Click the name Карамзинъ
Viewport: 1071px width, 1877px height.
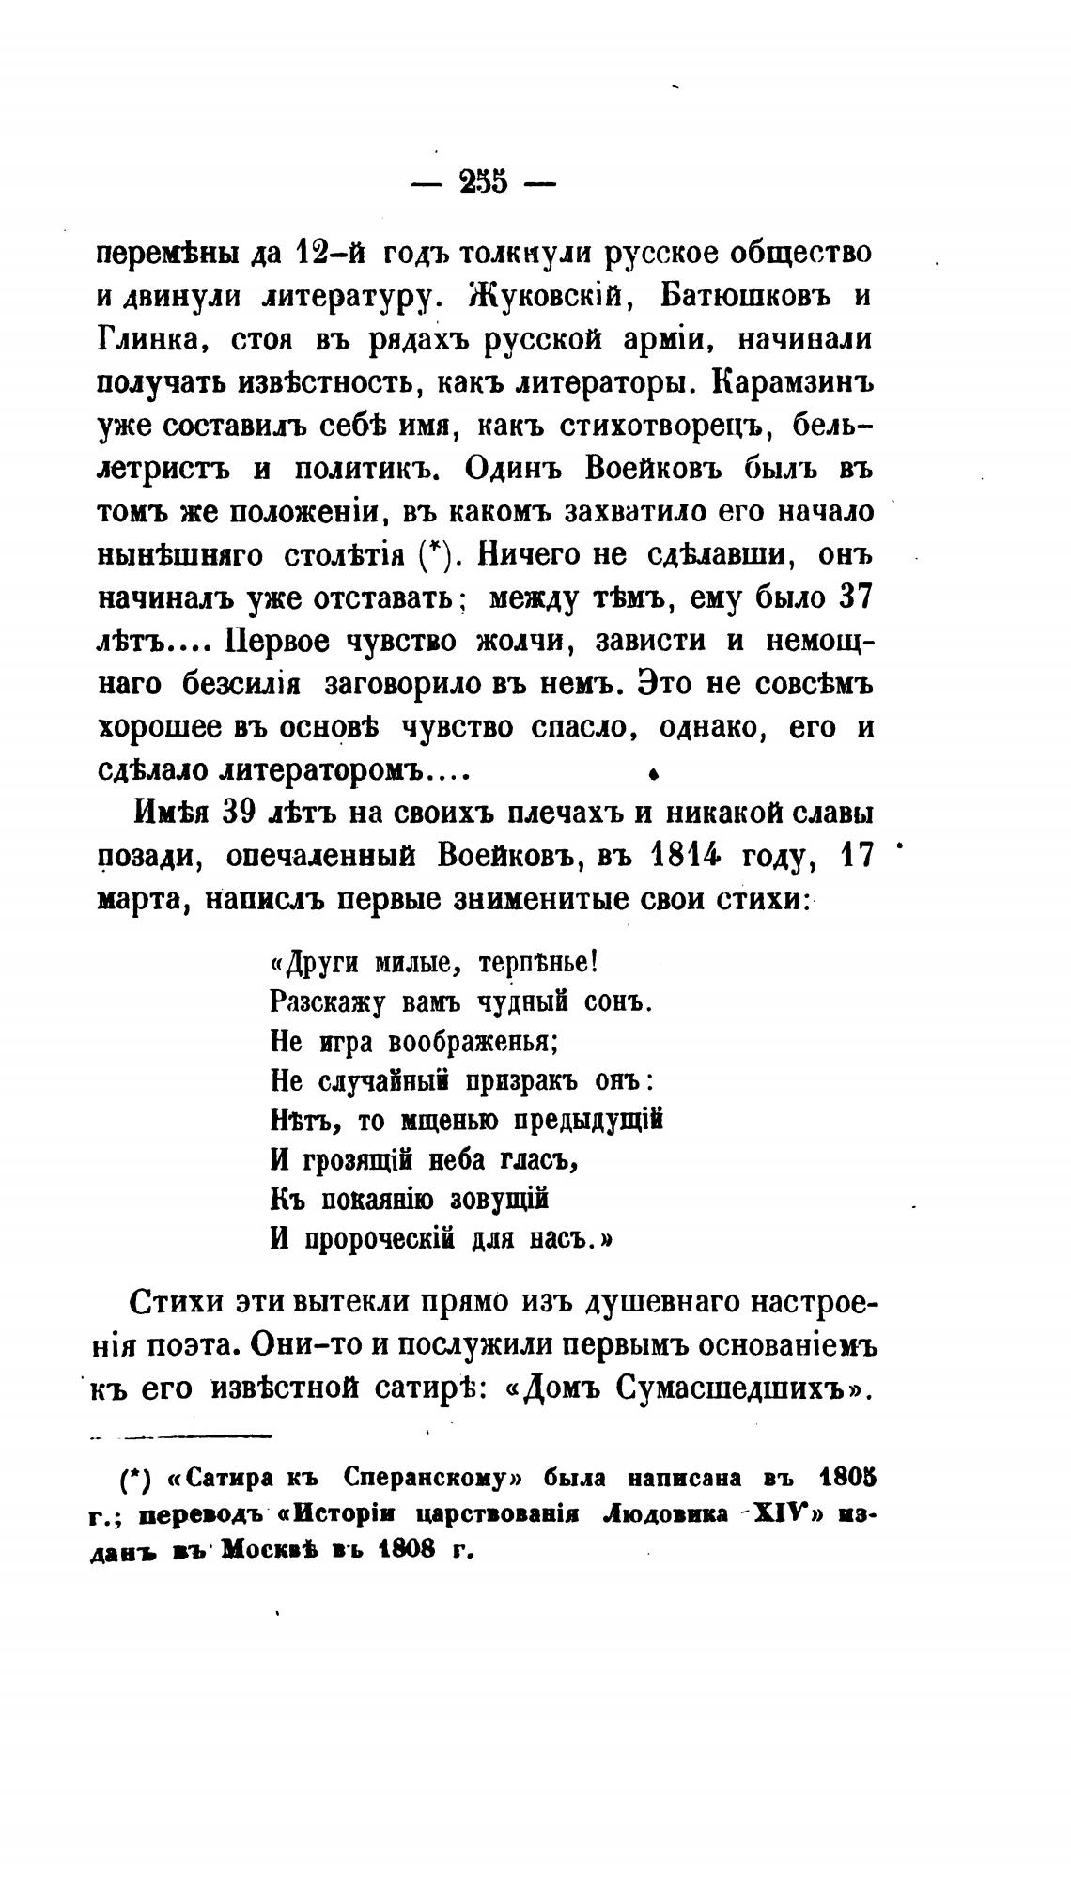click(x=794, y=383)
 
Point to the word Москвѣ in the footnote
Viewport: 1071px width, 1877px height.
click(x=271, y=1550)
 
